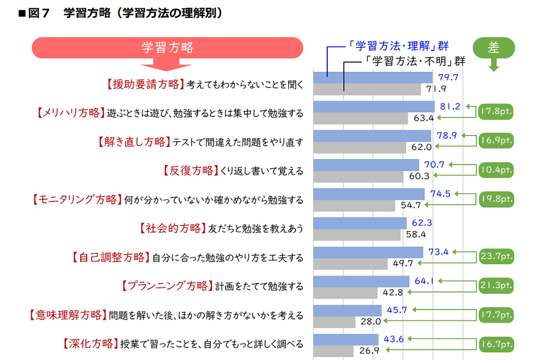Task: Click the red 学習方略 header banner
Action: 168,48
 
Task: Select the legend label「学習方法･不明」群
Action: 415,61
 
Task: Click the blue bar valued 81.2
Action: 373,106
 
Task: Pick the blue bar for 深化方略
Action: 345,339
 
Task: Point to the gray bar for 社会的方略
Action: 357,234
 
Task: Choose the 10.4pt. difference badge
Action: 495,170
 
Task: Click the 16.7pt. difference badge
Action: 495,345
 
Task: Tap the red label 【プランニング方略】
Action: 165,286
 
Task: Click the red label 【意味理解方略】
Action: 66,316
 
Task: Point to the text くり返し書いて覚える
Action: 261,171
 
